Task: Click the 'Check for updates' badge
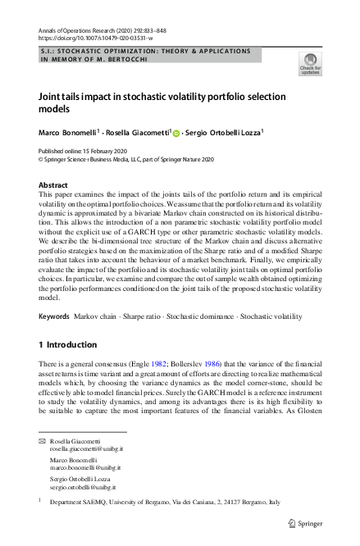311,62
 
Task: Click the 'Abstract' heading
53,185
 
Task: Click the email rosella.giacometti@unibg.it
85,448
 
